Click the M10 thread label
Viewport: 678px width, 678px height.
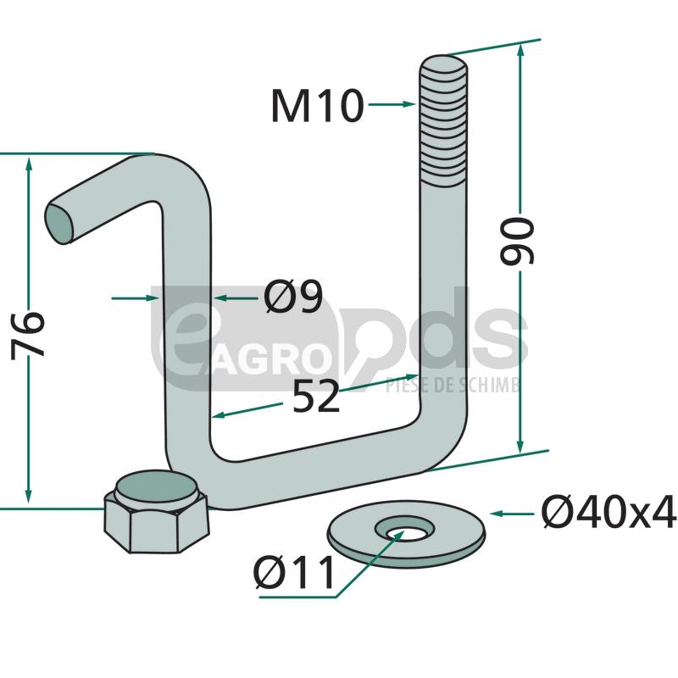[317, 106]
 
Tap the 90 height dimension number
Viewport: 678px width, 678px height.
[518, 241]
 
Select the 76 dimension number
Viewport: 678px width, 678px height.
[28, 334]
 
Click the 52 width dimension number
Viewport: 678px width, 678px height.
[315, 396]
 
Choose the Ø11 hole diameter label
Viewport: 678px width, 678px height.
[293, 573]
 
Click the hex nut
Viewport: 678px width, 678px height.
[156, 513]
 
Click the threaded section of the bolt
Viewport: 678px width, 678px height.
[443, 123]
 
